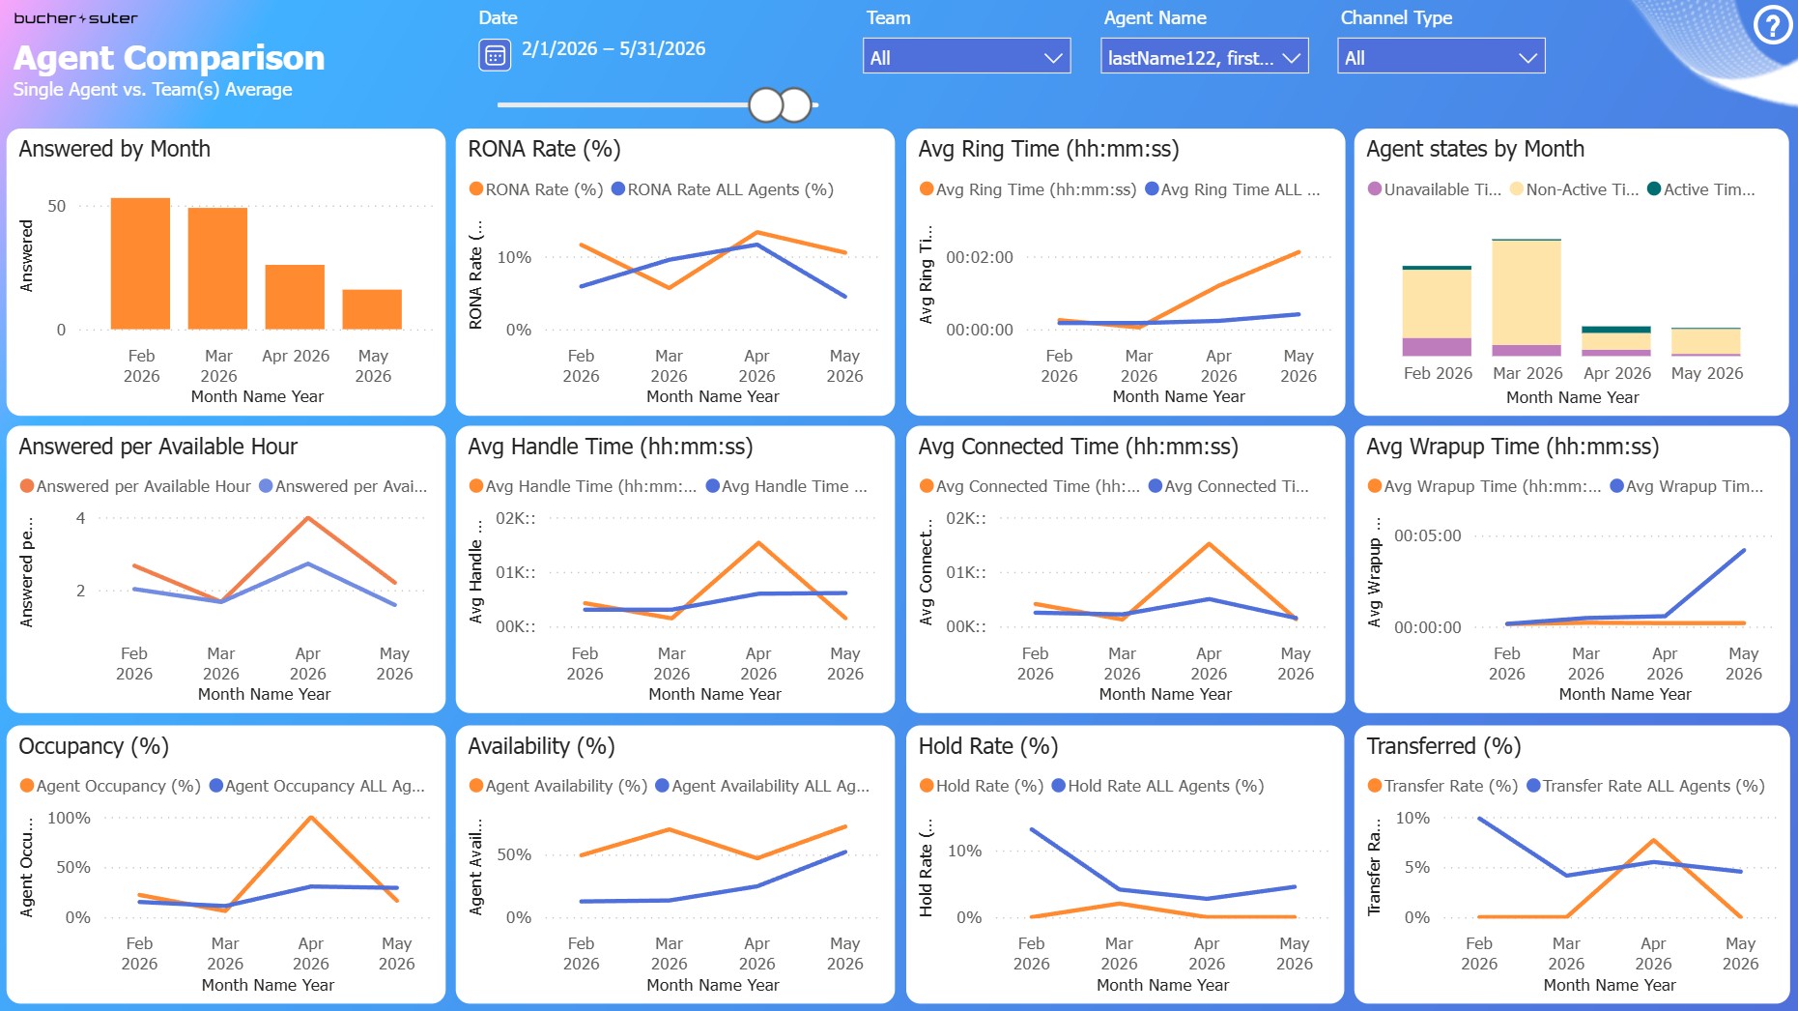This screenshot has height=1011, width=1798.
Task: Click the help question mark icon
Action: [x=1772, y=26]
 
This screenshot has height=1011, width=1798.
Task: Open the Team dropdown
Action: [x=966, y=57]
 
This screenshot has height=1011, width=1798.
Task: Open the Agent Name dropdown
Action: [x=1204, y=57]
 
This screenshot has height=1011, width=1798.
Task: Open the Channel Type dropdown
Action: [x=1441, y=57]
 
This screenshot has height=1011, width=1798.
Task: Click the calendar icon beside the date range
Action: [x=495, y=55]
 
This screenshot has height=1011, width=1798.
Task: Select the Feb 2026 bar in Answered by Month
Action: [x=140, y=263]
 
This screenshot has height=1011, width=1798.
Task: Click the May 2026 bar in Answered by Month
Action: [x=372, y=309]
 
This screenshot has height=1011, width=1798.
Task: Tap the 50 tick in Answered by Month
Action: [x=57, y=206]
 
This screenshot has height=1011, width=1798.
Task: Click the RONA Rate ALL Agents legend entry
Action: [x=723, y=189]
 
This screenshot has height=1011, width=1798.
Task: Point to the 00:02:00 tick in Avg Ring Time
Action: [x=980, y=257]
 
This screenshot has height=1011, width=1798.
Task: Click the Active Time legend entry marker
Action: [x=1654, y=189]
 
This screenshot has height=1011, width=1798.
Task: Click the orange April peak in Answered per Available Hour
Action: [x=307, y=518]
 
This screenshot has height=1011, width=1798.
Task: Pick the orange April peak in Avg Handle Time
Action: [x=758, y=543]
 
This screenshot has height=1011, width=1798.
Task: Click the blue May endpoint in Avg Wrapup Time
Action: [x=1743, y=551]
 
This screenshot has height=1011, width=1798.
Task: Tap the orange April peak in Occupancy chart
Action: [x=310, y=818]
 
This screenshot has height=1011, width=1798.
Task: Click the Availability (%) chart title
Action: [x=541, y=746]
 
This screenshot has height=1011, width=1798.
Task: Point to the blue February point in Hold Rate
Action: [x=1032, y=829]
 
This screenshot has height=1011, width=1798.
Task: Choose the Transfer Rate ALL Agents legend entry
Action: [x=1645, y=786]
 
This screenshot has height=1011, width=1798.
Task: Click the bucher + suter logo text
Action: [x=75, y=18]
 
